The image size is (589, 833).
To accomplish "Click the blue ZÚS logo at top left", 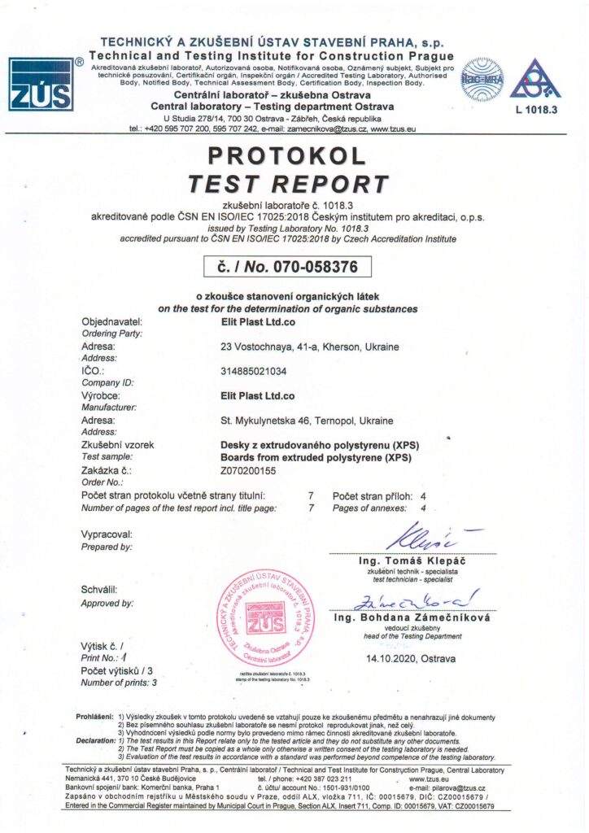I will tap(41, 84).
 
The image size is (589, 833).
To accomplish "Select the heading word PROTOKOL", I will tap(287, 155).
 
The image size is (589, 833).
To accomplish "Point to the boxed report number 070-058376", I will tap(287, 266).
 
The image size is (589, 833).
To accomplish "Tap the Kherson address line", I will tap(310, 347).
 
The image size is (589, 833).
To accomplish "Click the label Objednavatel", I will tap(112, 322).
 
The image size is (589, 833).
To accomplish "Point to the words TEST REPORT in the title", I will tap(288, 183).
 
